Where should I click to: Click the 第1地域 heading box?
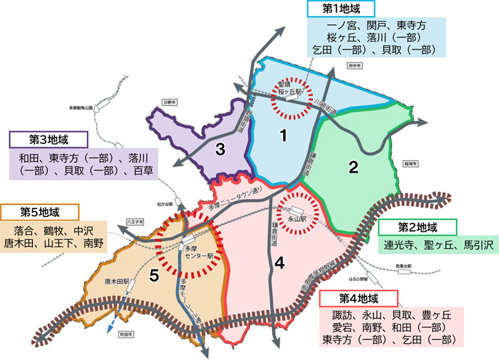tap(341, 8)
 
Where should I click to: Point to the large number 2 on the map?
tap(353, 167)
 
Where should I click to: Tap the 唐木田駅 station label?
tap(118, 282)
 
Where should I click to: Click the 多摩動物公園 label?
tap(80, 107)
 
